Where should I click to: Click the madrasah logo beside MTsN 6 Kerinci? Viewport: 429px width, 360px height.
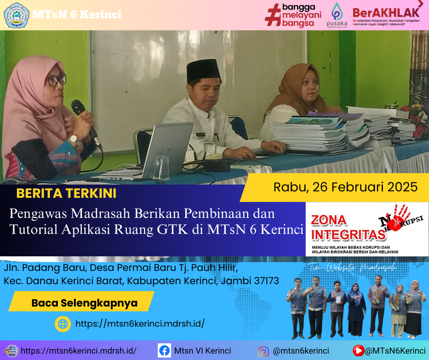point(16,15)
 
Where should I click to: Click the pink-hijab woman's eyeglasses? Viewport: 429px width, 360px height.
point(57,80)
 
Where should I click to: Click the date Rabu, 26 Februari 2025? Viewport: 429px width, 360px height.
point(345,187)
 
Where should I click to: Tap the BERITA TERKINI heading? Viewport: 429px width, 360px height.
point(66,193)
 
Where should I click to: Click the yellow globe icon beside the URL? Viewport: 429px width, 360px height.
point(63,324)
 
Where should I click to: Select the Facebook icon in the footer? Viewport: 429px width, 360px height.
point(164,351)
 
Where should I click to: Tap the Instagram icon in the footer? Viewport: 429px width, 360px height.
point(263,351)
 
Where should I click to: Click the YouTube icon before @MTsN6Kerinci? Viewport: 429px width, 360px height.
point(359,351)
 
